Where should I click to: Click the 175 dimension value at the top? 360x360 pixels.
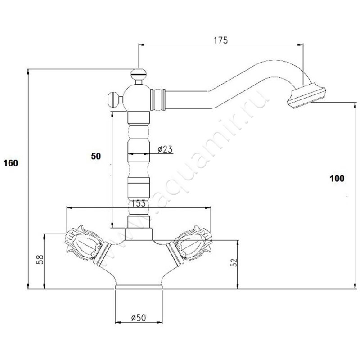click(x=220, y=40)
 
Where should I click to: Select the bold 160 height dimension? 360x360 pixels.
click(x=10, y=163)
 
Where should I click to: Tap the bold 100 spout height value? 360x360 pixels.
click(x=337, y=178)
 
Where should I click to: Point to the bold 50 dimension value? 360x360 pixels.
click(x=96, y=156)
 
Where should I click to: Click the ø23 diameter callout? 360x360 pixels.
click(x=165, y=149)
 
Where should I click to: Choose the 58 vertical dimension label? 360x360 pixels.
click(x=40, y=260)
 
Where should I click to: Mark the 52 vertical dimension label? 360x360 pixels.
click(x=233, y=262)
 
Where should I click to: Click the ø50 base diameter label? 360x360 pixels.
click(x=139, y=318)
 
